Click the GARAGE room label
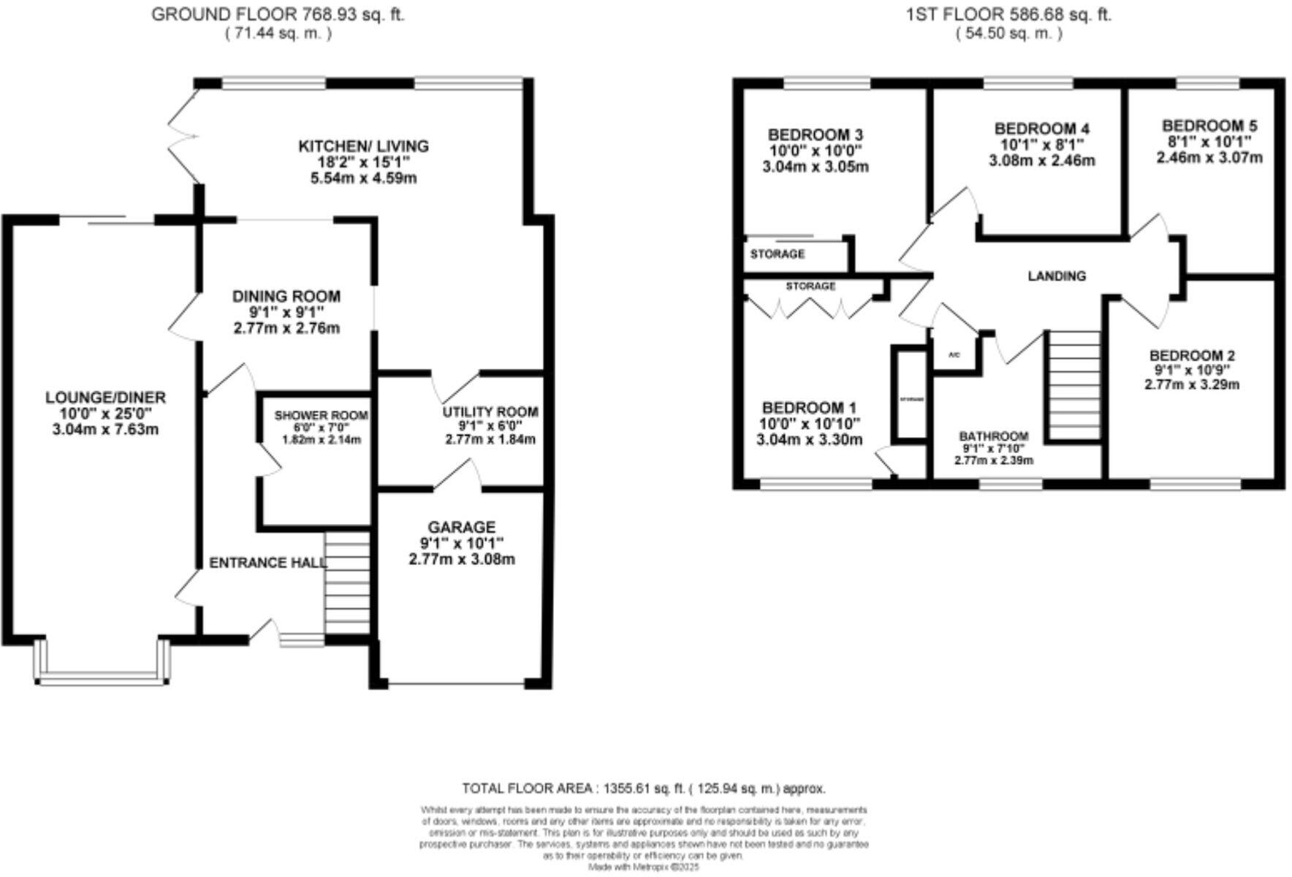[x=461, y=527]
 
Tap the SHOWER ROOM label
[x=321, y=415]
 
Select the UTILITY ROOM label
[x=490, y=412]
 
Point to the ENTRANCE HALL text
[x=267, y=563]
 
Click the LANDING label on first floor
[x=1057, y=276]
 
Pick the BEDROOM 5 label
[x=1209, y=126]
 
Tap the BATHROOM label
[x=993, y=436]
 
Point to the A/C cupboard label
[x=953, y=355]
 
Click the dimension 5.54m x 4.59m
[x=363, y=178]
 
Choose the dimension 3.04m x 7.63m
[x=105, y=430]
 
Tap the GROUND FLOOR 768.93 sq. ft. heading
[x=278, y=14]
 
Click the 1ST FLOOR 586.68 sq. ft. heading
[x=1008, y=14]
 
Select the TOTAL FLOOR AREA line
[x=644, y=789]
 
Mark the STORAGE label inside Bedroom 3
[x=777, y=254]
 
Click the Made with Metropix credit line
[x=644, y=867]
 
